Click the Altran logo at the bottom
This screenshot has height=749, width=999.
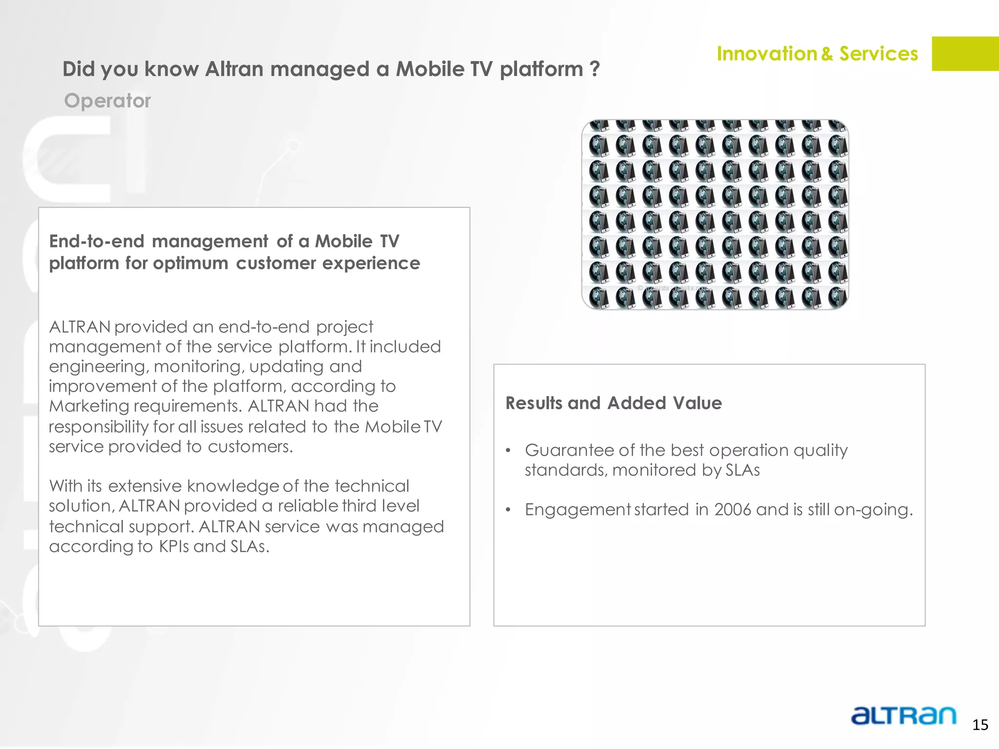pyautogui.click(x=903, y=716)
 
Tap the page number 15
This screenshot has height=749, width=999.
pyautogui.click(x=980, y=725)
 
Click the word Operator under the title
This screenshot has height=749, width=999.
pyautogui.click(x=107, y=100)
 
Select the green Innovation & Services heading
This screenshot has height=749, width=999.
pyautogui.click(x=817, y=54)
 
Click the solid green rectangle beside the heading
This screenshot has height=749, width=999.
pyautogui.click(x=965, y=54)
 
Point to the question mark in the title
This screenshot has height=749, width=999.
pyautogui.click(x=594, y=69)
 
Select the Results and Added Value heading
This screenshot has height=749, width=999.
pyautogui.click(x=614, y=403)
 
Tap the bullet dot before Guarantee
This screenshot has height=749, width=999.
pyautogui.click(x=508, y=451)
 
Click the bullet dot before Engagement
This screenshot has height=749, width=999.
pyautogui.click(x=508, y=510)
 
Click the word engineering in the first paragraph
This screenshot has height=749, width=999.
pyautogui.click(x=98, y=367)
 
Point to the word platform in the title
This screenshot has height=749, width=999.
pyautogui.click(x=541, y=69)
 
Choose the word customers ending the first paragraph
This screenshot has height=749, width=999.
pyautogui.click(x=250, y=447)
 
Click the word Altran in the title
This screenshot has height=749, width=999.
pyautogui.click(x=235, y=69)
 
